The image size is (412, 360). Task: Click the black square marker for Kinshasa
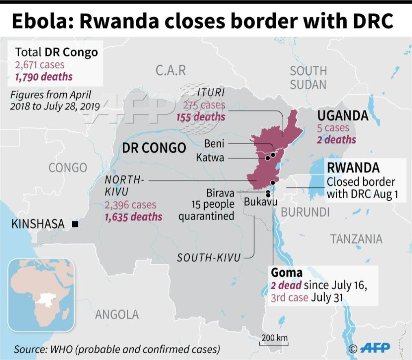pyautogui.click(x=75, y=224)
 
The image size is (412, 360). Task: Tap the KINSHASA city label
pyautogui.click(x=38, y=224)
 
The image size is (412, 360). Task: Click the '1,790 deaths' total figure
pyautogui.click(x=44, y=76)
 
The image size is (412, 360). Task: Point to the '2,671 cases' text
pyautogui.click(x=40, y=65)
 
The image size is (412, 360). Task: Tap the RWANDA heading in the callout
pyautogui.click(x=353, y=167)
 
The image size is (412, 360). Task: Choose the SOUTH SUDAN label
pyautogui.click(x=308, y=78)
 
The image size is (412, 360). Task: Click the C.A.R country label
pyautogui.click(x=171, y=70)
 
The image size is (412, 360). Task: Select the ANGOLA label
pyautogui.click(x=117, y=314)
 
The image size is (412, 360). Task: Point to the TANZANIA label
pyautogui.click(x=356, y=239)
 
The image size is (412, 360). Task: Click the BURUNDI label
pyautogui.click(x=305, y=212)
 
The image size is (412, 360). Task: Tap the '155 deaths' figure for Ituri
pyautogui.click(x=201, y=117)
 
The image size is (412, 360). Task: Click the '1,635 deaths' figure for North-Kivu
pyautogui.click(x=134, y=217)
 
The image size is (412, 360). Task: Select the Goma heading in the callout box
pyautogui.click(x=286, y=272)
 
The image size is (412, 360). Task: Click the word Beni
pyautogui.click(x=214, y=143)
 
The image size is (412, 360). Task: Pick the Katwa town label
pyautogui.click(x=210, y=158)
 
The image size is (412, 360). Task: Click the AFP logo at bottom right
pyautogui.click(x=375, y=348)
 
